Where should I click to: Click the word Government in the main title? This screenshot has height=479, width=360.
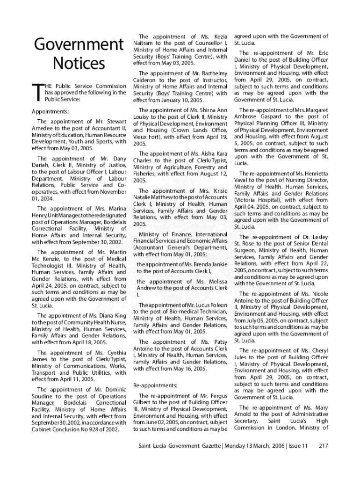(x=79, y=45)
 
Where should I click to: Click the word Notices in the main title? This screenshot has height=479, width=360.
(x=79, y=64)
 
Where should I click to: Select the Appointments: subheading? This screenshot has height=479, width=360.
(x=50, y=112)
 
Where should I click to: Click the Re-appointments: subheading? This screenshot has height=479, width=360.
(x=155, y=385)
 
